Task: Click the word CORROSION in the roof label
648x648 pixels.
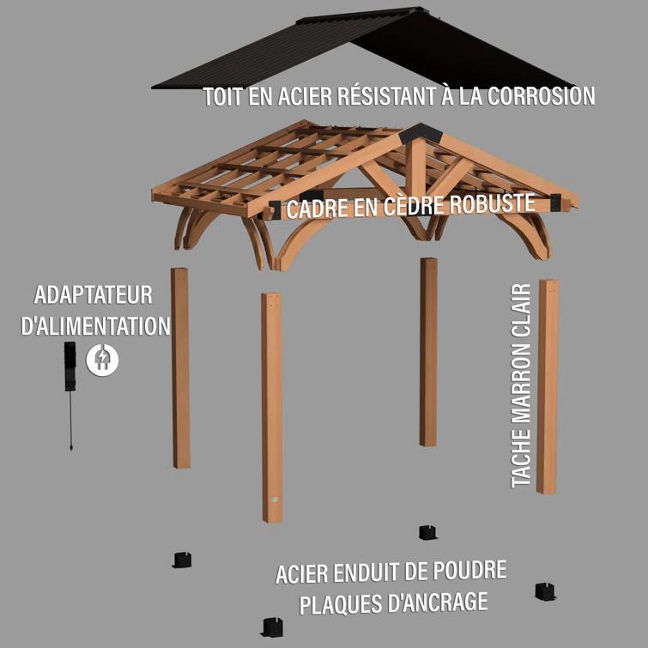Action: pyautogui.click(x=541, y=96)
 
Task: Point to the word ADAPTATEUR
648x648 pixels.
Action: pyautogui.click(x=94, y=295)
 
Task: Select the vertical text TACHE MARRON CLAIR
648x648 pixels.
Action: pyautogui.click(x=521, y=385)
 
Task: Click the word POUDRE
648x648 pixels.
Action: pyautogui.click(x=468, y=571)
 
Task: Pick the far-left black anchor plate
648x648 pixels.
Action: pyautogui.click(x=181, y=560)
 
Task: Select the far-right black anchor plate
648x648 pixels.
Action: pyautogui.click(x=546, y=590)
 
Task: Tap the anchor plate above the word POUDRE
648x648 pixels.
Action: pyautogui.click(x=427, y=532)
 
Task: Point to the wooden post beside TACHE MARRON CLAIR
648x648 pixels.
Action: pyautogui.click(x=548, y=386)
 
